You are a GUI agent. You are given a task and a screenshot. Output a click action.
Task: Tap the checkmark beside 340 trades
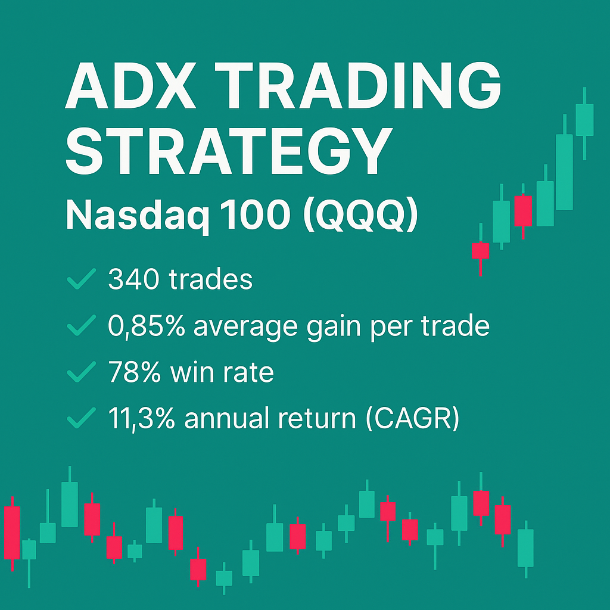82,279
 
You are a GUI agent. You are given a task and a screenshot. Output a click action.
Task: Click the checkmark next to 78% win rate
82,373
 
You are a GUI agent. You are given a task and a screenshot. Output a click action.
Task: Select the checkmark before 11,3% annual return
82,419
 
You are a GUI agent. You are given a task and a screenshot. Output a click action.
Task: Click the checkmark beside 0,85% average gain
82,326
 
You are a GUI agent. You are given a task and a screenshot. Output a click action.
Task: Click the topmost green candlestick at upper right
584,119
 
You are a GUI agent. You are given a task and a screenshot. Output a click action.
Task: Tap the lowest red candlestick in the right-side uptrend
480,250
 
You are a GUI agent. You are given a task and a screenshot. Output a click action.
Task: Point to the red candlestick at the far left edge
12,533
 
